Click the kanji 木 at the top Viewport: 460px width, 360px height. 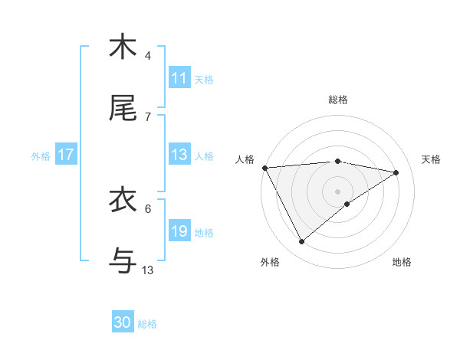pos(123,47)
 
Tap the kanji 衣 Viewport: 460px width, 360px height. pos(123,200)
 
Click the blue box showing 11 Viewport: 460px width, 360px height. pos(179,78)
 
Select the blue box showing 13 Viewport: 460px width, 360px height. pos(179,155)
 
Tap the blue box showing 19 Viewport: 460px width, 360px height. pos(179,231)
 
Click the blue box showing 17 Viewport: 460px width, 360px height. pos(65,155)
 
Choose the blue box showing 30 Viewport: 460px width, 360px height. pos(123,322)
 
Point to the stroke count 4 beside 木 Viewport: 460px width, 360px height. pos(148,56)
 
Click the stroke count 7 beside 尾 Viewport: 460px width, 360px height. pos(148,117)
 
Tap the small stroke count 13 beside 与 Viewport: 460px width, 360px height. pos(148,270)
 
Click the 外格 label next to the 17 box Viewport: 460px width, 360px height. pos(41,155)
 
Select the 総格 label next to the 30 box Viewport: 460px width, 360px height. pos(147,323)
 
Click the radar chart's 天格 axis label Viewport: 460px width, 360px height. pos(431,159)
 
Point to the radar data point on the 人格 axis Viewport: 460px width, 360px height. pos(264,168)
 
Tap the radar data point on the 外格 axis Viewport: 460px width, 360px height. pos(301,242)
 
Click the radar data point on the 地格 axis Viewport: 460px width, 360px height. pos(347,204)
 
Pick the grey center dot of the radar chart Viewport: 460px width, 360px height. pos(338,191)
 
